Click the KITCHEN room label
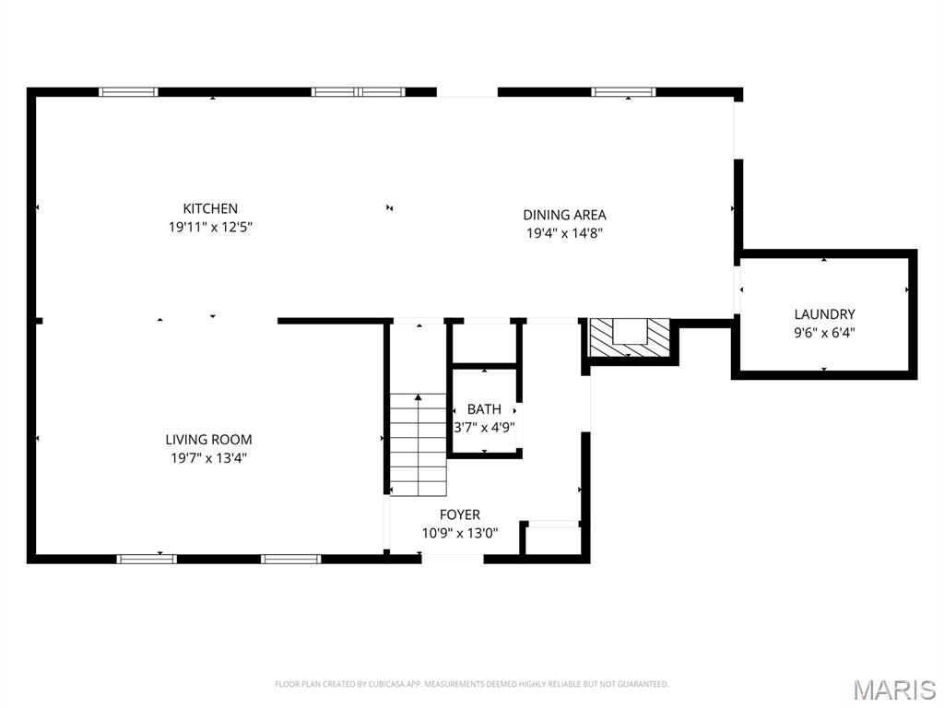click(210, 208)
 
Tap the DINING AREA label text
click(564, 214)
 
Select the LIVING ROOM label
click(208, 440)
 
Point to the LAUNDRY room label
click(824, 313)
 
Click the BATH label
click(484, 408)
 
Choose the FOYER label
click(459, 514)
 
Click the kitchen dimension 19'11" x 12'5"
click(210, 227)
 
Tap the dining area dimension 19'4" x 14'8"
click(565, 233)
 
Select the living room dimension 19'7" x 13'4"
click(208, 458)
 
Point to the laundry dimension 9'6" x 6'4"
click(824, 332)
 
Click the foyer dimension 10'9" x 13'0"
click(459, 534)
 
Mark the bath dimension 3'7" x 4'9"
click(484, 428)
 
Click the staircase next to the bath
click(418, 445)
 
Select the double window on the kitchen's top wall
click(359, 92)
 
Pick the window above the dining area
click(623, 92)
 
